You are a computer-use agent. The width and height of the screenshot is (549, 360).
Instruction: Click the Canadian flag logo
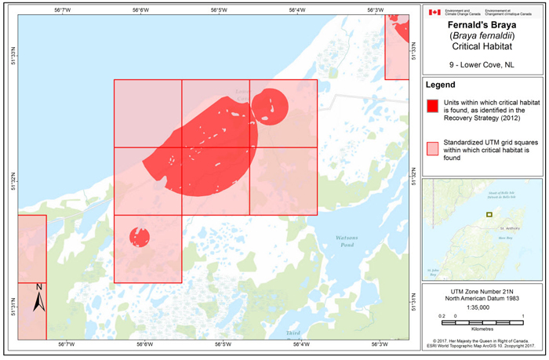(x=434, y=13)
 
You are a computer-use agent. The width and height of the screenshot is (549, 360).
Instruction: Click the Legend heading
(x=445, y=85)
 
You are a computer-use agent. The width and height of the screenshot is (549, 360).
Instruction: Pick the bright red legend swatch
(x=432, y=105)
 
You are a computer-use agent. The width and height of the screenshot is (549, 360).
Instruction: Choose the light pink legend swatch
(x=432, y=147)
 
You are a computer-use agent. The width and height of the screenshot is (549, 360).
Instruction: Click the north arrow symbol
(x=38, y=299)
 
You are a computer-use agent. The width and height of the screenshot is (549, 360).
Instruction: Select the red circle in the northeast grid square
(x=270, y=105)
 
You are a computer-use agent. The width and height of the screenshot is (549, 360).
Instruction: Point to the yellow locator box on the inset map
(x=489, y=213)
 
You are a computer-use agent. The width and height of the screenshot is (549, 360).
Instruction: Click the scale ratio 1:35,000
(x=482, y=307)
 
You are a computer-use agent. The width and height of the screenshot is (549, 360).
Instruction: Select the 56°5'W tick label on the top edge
(x=219, y=9)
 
